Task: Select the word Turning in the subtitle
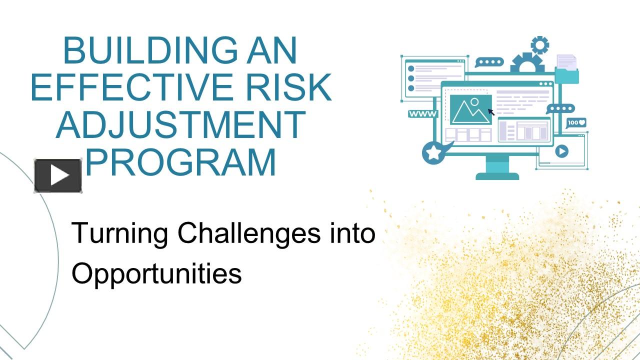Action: [119, 233]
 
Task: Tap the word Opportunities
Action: [156, 273]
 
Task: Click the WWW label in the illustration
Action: [422, 114]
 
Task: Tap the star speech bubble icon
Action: [434, 152]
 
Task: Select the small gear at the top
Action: [539, 45]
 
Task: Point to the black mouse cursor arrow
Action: [491, 112]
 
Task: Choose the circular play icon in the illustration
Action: [561, 151]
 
